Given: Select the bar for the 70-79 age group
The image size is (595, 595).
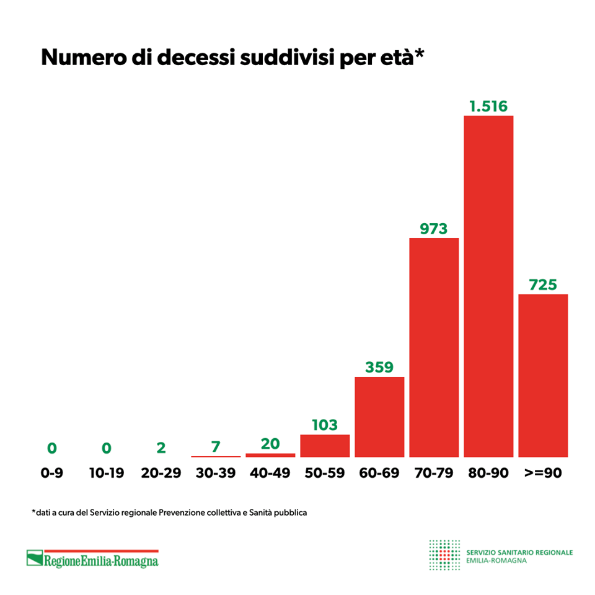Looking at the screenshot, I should click(x=434, y=347).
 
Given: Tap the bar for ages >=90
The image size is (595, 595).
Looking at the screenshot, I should click(x=543, y=375).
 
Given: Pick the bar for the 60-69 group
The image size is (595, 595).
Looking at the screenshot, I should click(x=379, y=416).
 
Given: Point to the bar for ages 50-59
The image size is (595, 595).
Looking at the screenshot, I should click(x=325, y=446).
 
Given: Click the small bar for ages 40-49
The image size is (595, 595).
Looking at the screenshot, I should click(x=270, y=455).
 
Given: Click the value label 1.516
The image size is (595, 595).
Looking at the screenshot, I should click(x=488, y=106).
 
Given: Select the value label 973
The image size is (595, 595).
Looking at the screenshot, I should click(x=434, y=229).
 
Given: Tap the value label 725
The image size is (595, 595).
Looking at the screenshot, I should click(x=543, y=284).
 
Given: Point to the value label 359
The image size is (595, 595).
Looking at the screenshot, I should click(x=379, y=367).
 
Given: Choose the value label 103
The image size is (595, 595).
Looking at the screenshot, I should click(x=325, y=425).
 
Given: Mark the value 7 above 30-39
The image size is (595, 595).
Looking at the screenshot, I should click(x=216, y=446).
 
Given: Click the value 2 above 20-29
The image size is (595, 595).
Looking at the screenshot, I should click(x=161, y=447).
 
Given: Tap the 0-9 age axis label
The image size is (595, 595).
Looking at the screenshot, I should click(x=52, y=473).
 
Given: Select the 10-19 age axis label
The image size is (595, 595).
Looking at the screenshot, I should click(x=107, y=473).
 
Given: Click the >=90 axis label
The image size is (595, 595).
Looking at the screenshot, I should click(x=543, y=473).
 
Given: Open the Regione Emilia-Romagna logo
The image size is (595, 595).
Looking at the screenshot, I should click(x=92, y=559).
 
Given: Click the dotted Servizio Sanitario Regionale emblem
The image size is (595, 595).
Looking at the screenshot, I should click(x=444, y=555).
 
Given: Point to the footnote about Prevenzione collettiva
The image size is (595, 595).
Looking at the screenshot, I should click(x=169, y=513).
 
